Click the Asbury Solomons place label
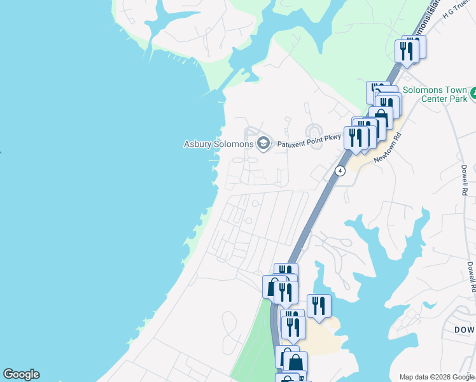pyautogui.click(x=219, y=144)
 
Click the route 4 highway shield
pyautogui.click(x=340, y=171)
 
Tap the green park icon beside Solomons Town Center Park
pyautogui.click(x=472, y=95)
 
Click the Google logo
pyautogui.click(x=21, y=374)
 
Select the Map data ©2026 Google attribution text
pyautogui.click(x=437, y=377)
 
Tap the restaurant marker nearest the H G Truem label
pyautogui.click(x=407, y=51)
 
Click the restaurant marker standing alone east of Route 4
pyautogui.click(x=319, y=306)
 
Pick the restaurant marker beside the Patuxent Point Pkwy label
pyautogui.click(x=355, y=138)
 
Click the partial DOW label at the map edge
pyautogui.click(x=465, y=329)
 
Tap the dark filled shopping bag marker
pyautogui.click(x=296, y=363)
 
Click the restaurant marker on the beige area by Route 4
pyautogui.click(x=293, y=327)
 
